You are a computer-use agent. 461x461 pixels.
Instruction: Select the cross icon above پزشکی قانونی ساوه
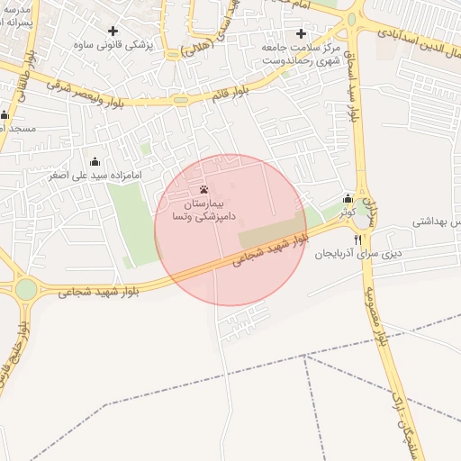point(113,31)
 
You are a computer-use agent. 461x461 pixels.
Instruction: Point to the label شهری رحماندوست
point(293,60)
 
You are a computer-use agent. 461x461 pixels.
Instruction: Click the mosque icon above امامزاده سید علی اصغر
point(95,161)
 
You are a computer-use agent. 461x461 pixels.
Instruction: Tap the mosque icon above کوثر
point(348,199)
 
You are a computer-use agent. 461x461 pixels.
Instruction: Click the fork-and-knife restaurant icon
point(358,240)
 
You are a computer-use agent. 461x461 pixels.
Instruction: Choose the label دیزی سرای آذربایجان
point(357,255)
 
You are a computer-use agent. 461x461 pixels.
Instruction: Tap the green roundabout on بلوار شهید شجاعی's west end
point(26,288)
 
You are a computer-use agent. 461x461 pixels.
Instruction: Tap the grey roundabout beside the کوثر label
point(361,218)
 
